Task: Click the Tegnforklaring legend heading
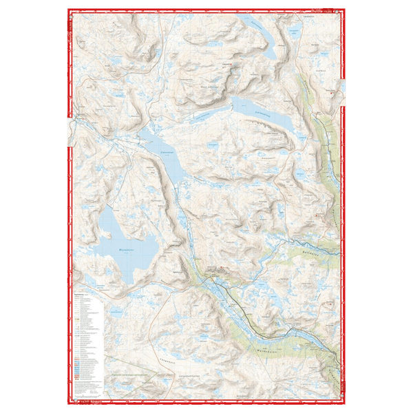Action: (83, 292)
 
